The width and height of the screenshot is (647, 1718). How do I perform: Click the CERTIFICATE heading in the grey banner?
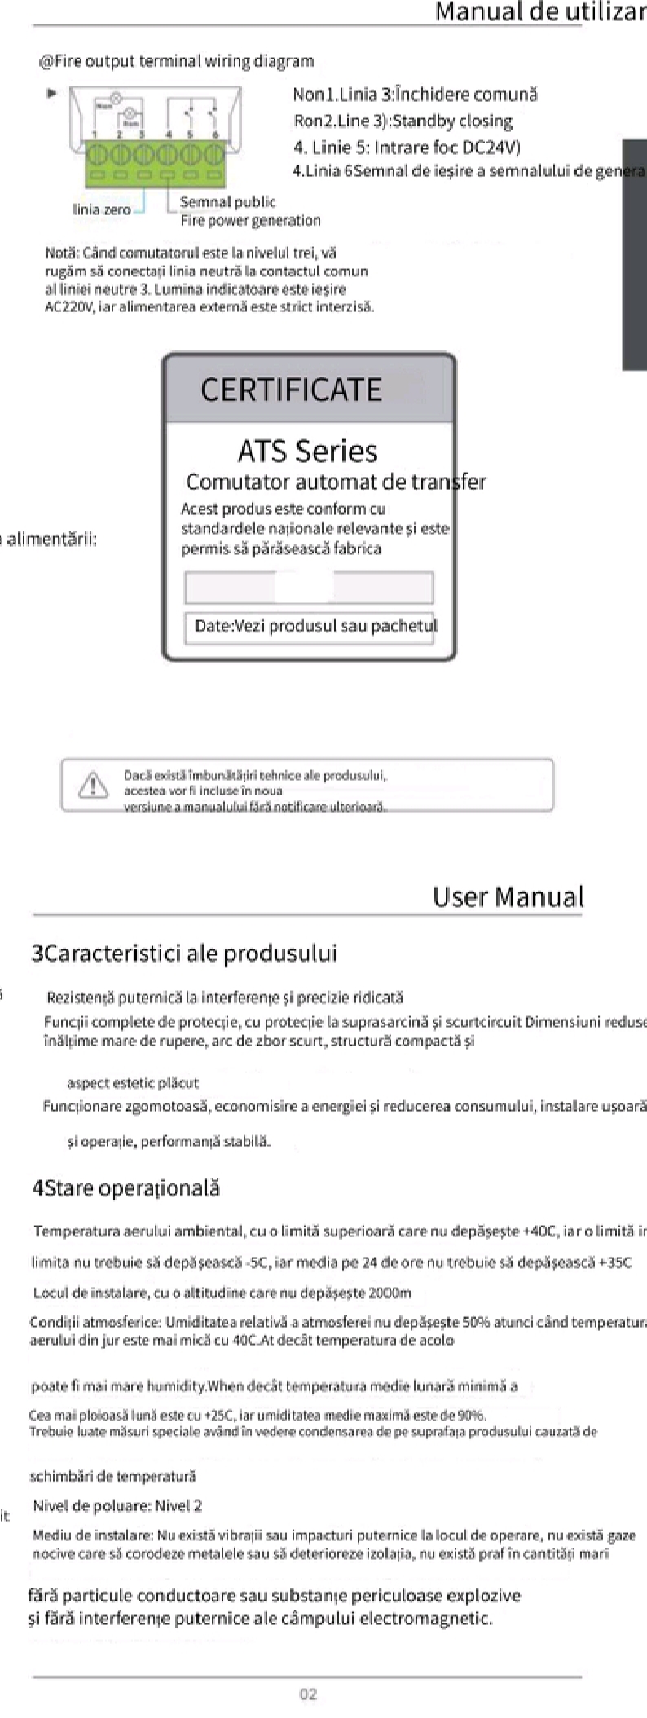coord(291,390)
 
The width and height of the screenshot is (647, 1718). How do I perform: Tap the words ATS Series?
coord(307,451)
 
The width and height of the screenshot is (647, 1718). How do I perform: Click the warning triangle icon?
coord(93,784)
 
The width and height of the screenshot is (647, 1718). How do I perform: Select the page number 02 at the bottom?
coord(308,1694)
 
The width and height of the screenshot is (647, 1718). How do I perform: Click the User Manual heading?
coord(508,896)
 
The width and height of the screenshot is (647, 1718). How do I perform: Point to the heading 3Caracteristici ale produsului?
coord(184,953)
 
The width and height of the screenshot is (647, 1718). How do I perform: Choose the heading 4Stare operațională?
coord(126,1187)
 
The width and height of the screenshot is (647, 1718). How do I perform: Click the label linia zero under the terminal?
coord(102,209)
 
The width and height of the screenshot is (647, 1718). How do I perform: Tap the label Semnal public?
coord(227,202)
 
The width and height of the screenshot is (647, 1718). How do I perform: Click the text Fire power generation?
coord(250,220)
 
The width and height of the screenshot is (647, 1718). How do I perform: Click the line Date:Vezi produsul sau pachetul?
coord(315,626)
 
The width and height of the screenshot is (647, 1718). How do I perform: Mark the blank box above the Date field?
coord(309,588)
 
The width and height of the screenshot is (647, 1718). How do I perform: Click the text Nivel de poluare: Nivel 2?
coord(118,1505)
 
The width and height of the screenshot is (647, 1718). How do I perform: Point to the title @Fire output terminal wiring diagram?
coord(176,61)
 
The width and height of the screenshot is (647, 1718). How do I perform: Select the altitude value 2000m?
coord(390,1293)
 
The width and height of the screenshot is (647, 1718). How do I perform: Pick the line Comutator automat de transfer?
coord(336,482)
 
